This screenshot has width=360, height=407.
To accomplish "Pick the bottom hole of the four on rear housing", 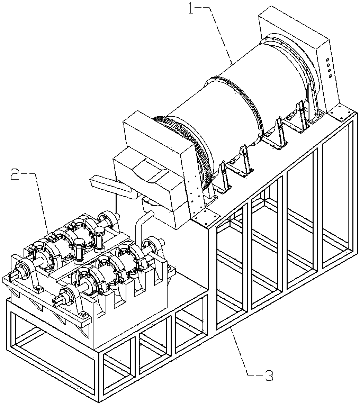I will pyautogui.click(x=330, y=75).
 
